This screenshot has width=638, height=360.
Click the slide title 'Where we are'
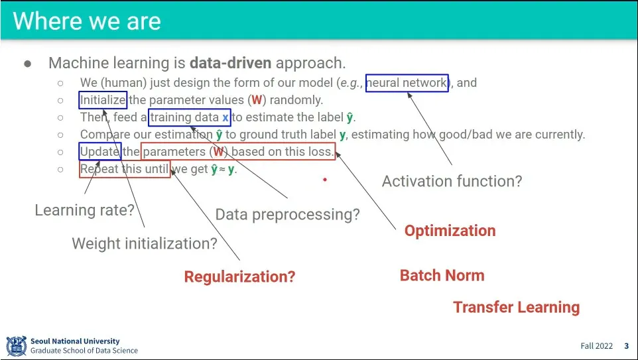[87, 21]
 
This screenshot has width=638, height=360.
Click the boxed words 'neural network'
[407, 83]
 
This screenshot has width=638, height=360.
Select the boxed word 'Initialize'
[103, 100]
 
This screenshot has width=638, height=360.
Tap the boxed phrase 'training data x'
[190, 117]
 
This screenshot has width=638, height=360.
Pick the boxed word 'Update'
[100, 151]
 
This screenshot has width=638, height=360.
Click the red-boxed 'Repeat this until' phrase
[125, 169]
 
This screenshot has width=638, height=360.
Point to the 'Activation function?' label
[452, 181]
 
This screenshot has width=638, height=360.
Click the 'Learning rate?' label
[84, 210]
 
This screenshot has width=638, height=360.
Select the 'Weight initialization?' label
[145, 243]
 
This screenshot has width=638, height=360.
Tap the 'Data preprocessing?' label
[287, 214]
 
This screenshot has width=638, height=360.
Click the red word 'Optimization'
[450, 231]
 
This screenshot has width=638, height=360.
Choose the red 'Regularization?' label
[239, 276]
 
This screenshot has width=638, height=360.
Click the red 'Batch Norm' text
[442, 275]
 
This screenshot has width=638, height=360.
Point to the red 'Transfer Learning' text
[517, 307]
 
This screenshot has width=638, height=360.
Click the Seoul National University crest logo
[17, 346]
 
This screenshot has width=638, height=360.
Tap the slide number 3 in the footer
[627, 346]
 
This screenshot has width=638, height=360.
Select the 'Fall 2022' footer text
[596, 346]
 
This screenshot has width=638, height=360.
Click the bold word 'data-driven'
[231, 63]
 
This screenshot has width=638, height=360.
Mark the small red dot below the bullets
[325, 179]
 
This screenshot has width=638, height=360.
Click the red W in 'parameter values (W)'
[257, 100]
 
